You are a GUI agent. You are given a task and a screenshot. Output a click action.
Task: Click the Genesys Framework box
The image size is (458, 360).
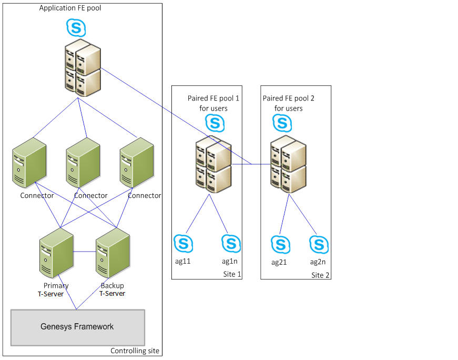(77, 327)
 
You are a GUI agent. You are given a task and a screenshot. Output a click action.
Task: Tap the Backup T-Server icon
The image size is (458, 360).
(112, 255)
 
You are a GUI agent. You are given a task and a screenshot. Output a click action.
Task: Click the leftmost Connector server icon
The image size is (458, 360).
(29, 163)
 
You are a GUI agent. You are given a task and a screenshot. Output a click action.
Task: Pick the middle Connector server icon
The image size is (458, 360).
(83, 163)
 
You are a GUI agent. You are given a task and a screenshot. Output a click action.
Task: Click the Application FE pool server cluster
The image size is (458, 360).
(83, 68)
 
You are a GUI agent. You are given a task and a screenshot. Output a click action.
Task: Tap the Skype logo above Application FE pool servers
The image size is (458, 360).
(76, 27)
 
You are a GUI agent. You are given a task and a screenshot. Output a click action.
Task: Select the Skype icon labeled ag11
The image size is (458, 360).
(184, 243)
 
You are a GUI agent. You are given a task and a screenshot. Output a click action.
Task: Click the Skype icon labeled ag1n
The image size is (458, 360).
(231, 243)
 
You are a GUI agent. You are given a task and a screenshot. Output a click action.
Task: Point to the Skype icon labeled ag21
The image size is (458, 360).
(280, 244)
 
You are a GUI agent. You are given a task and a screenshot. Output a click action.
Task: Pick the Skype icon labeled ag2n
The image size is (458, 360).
(319, 244)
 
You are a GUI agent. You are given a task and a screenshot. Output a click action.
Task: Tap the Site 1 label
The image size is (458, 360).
(231, 274)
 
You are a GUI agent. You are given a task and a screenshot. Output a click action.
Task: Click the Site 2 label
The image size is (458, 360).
(320, 275)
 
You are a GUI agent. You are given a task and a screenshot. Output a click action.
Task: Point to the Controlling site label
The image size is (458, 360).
(135, 351)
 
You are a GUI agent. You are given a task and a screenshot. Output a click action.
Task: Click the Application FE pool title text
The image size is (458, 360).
(70, 8)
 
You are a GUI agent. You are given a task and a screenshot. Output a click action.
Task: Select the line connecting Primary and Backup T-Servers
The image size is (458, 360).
(84, 252)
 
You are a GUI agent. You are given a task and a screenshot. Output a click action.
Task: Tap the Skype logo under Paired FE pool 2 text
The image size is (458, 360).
(282, 123)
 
